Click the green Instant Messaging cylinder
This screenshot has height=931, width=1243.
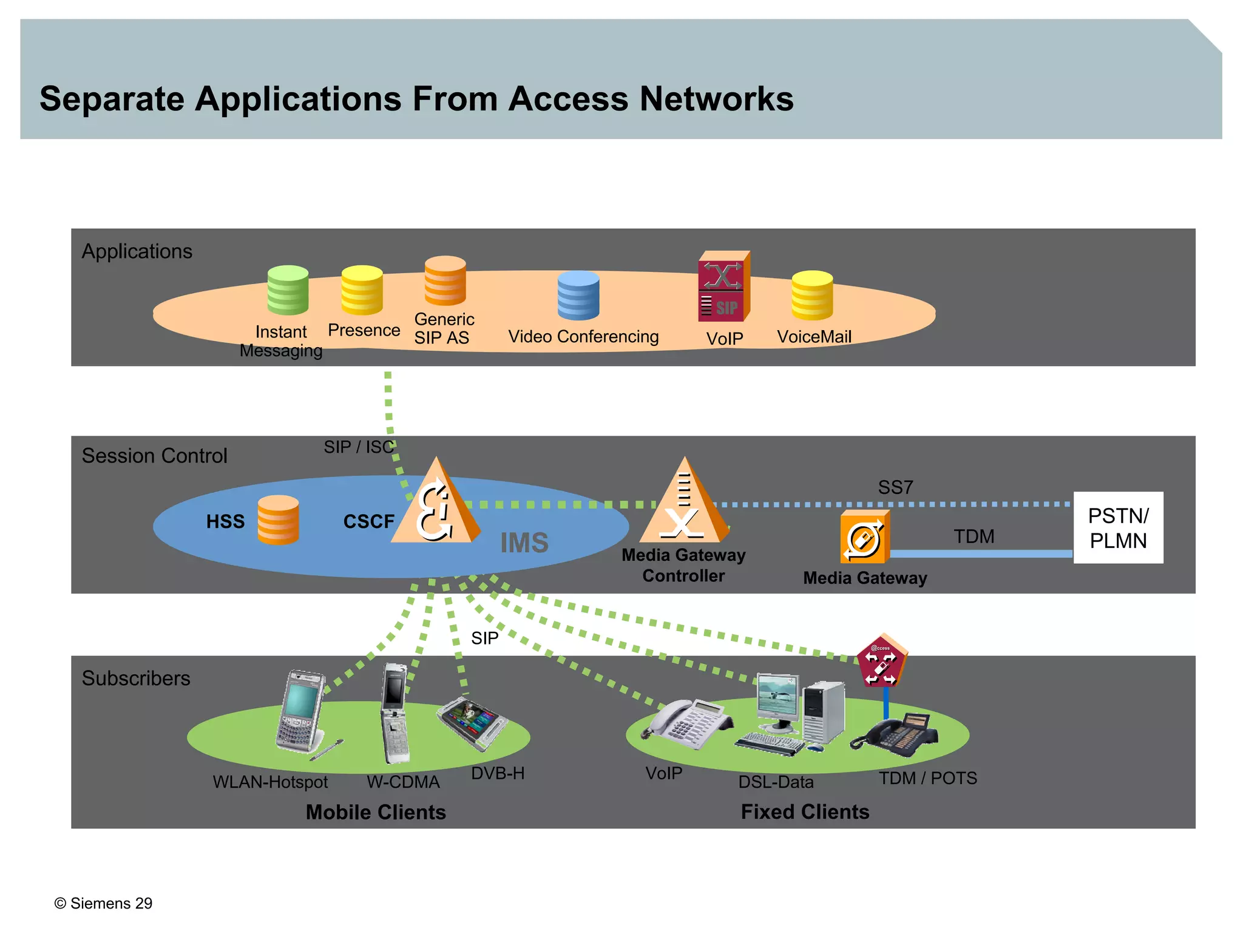288,290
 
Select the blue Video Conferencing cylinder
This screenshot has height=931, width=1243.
578,296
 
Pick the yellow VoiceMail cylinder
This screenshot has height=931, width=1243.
812,296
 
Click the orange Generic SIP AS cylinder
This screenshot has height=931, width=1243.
445,280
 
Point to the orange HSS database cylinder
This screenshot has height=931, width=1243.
278,520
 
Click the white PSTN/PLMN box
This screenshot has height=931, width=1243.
1118,528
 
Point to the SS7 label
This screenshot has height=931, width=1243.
895,487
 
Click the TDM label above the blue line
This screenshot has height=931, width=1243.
974,537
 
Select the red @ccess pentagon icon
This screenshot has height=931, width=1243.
881,662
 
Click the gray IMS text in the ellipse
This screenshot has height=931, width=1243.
524,543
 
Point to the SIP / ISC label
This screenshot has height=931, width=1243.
359,447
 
